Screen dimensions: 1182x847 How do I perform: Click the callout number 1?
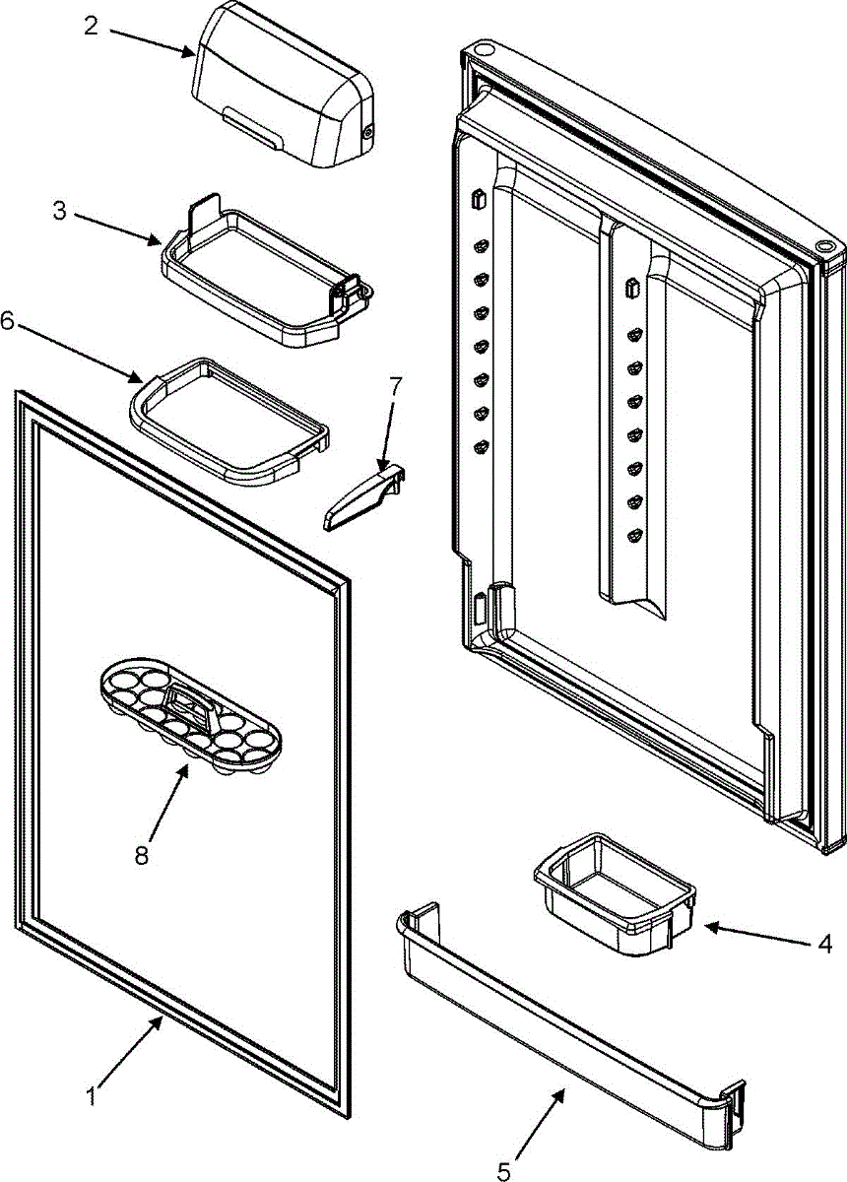[92, 1094]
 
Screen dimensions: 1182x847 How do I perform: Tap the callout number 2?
[91, 27]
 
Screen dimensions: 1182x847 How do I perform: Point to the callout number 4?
[824, 944]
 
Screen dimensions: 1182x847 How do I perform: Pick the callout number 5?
[504, 1171]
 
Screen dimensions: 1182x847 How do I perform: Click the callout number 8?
[143, 855]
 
